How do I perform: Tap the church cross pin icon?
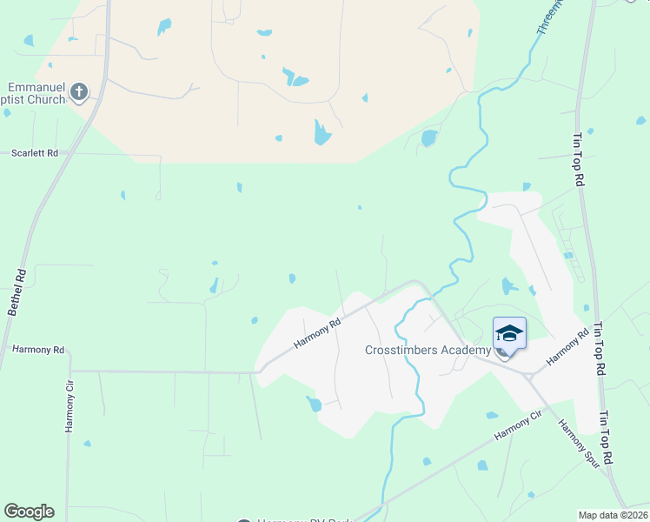[x=79, y=91]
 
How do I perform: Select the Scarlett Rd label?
[x=35, y=153]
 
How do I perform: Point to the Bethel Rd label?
[x=17, y=291]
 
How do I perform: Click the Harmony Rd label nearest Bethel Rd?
[x=39, y=350]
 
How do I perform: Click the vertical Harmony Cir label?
[x=70, y=407]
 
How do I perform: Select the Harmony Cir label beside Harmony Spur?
[x=519, y=426]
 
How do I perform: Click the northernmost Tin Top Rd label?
[x=579, y=159]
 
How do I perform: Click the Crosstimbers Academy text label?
[x=427, y=350]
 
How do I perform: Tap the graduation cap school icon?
[x=509, y=334]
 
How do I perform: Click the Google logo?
[x=29, y=512]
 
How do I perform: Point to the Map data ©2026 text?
[x=612, y=515]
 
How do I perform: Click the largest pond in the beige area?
[x=322, y=132]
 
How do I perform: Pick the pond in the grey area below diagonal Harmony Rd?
[x=314, y=404]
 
